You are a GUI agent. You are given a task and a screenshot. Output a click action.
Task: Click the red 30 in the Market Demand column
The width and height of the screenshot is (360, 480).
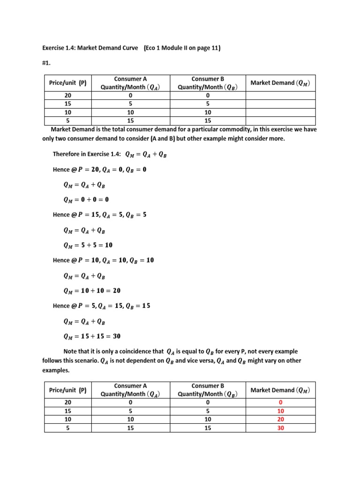281,427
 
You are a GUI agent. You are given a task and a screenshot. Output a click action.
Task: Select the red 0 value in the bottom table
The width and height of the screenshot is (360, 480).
281,402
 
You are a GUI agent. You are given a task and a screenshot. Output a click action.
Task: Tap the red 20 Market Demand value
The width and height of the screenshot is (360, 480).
281,419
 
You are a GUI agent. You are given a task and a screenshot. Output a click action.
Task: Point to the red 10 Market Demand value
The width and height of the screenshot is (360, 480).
281,411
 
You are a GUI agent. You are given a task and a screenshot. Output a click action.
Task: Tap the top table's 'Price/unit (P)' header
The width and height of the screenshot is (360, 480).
67,83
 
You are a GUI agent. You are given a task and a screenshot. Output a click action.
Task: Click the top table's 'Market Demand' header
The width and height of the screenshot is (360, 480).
280,83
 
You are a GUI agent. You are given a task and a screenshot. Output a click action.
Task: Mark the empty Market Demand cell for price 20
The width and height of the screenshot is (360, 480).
280,95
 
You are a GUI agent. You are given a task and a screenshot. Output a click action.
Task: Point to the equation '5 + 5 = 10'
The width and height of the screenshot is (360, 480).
88,245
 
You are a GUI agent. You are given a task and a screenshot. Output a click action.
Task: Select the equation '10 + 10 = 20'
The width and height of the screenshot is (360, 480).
92,291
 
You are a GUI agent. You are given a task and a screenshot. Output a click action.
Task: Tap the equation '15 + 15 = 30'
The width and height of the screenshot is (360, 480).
92,336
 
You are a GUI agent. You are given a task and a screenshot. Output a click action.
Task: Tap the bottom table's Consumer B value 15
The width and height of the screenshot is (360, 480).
208,427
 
